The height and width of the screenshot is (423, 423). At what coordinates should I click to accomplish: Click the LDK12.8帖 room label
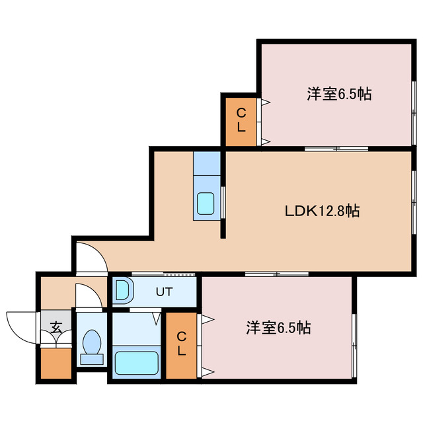tap(322, 211)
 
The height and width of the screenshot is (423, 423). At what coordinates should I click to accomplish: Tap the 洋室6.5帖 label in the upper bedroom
tap(338, 95)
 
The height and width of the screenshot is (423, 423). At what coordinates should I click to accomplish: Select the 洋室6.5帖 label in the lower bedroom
tap(278, 327)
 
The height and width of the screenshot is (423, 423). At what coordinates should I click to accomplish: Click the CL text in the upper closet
tap(241, 119)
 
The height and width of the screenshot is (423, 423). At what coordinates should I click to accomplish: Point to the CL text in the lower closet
tap(181, 344)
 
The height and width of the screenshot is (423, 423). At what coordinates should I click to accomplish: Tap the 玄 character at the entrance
tap(56, 327)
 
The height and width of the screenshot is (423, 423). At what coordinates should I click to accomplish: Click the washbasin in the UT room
tap(122, 290)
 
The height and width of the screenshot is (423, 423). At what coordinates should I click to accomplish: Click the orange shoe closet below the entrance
tap(54, 362)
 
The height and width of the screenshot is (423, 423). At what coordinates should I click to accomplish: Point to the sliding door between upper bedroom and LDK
tap(336, 148)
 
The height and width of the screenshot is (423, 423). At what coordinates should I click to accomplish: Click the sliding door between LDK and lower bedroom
tap(276, 274)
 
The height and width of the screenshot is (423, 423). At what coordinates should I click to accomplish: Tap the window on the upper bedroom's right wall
tap(414, 99)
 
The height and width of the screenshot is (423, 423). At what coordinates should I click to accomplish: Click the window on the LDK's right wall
tap(414, 211)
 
